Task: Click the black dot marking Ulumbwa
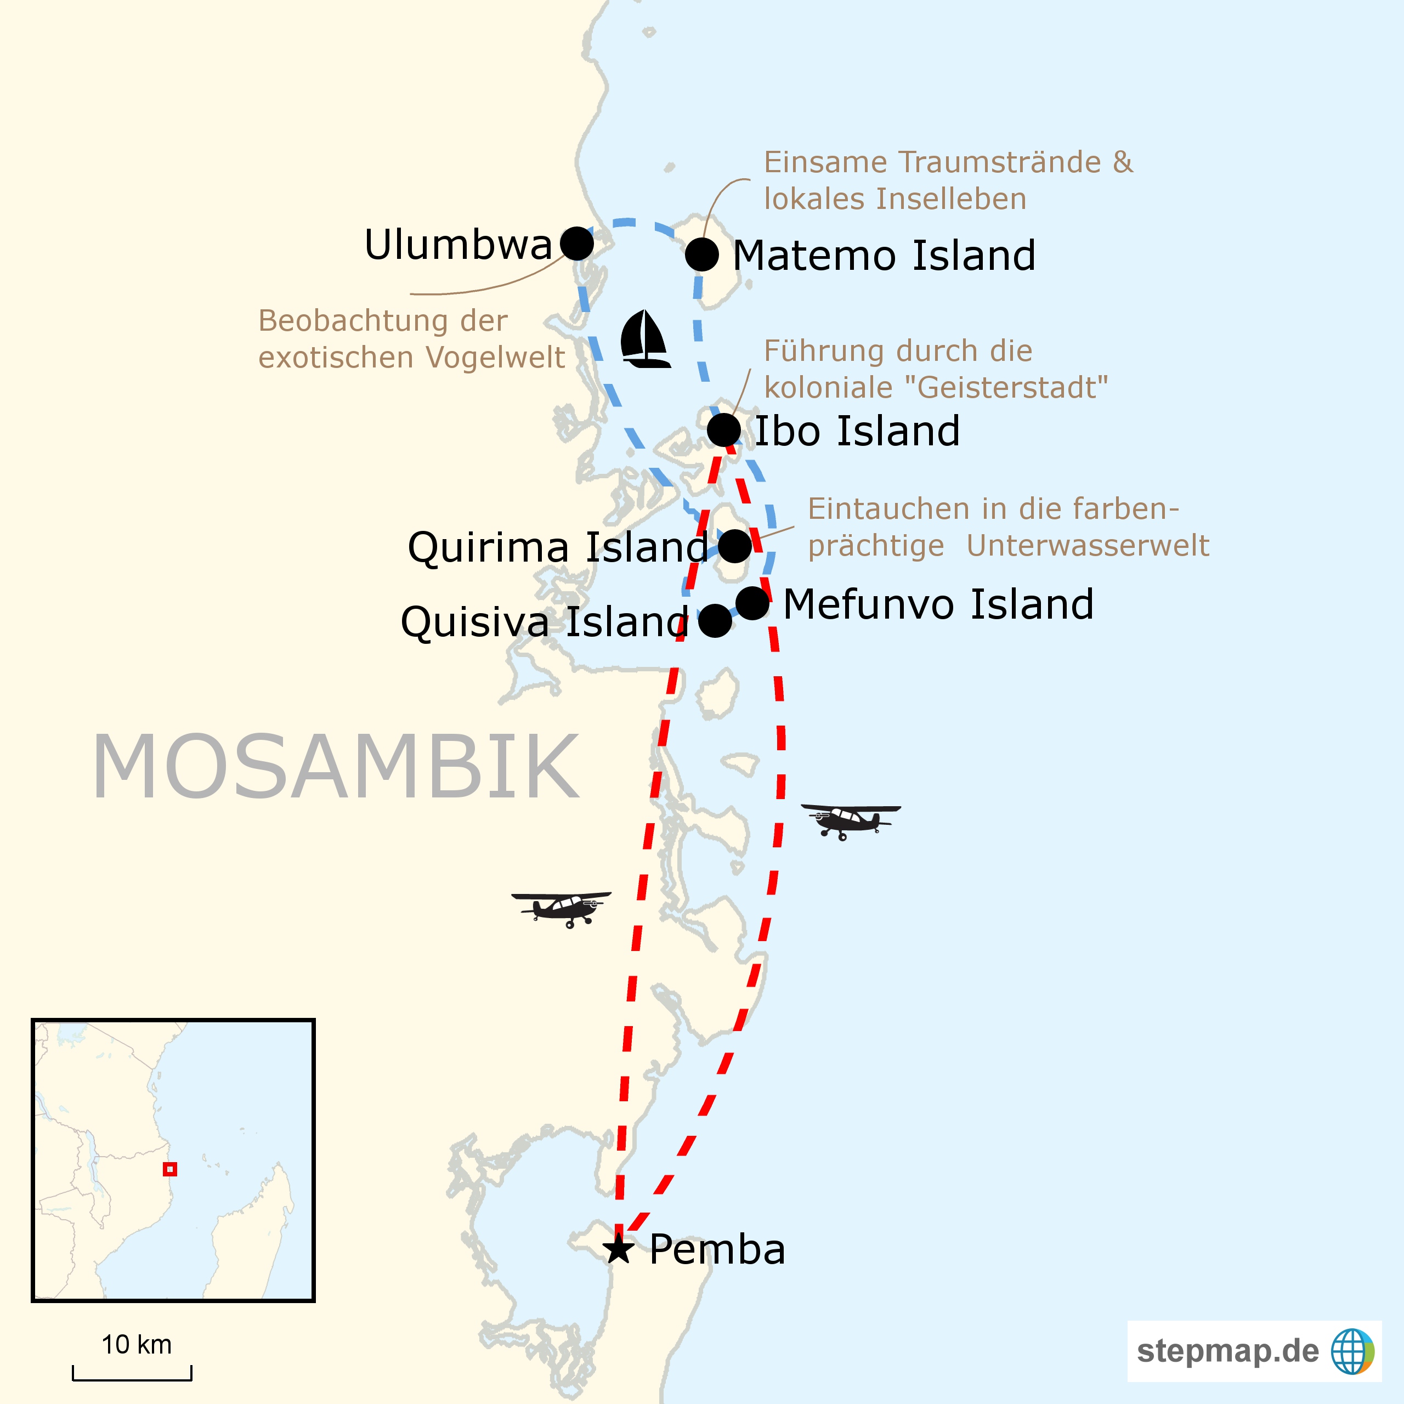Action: point(577,244)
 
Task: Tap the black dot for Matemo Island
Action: point(702,255)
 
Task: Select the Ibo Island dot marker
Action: point(724,430)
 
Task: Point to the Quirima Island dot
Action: point(735,546)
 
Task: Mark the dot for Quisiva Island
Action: point(715,621)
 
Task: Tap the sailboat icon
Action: point(644,340)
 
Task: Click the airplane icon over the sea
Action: point(850,820)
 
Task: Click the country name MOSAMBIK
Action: point(336,767)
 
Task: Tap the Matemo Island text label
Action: point(884,256)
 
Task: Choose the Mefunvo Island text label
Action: point(938,604)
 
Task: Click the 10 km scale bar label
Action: point(137,1344)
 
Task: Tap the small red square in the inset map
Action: point(169,1169)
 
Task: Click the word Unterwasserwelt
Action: point(1088,546)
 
